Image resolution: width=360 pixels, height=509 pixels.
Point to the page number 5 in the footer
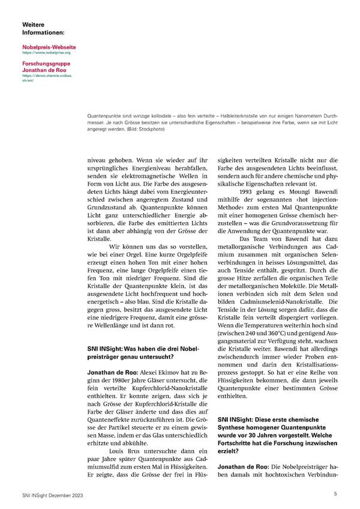[x=335, y=493]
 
